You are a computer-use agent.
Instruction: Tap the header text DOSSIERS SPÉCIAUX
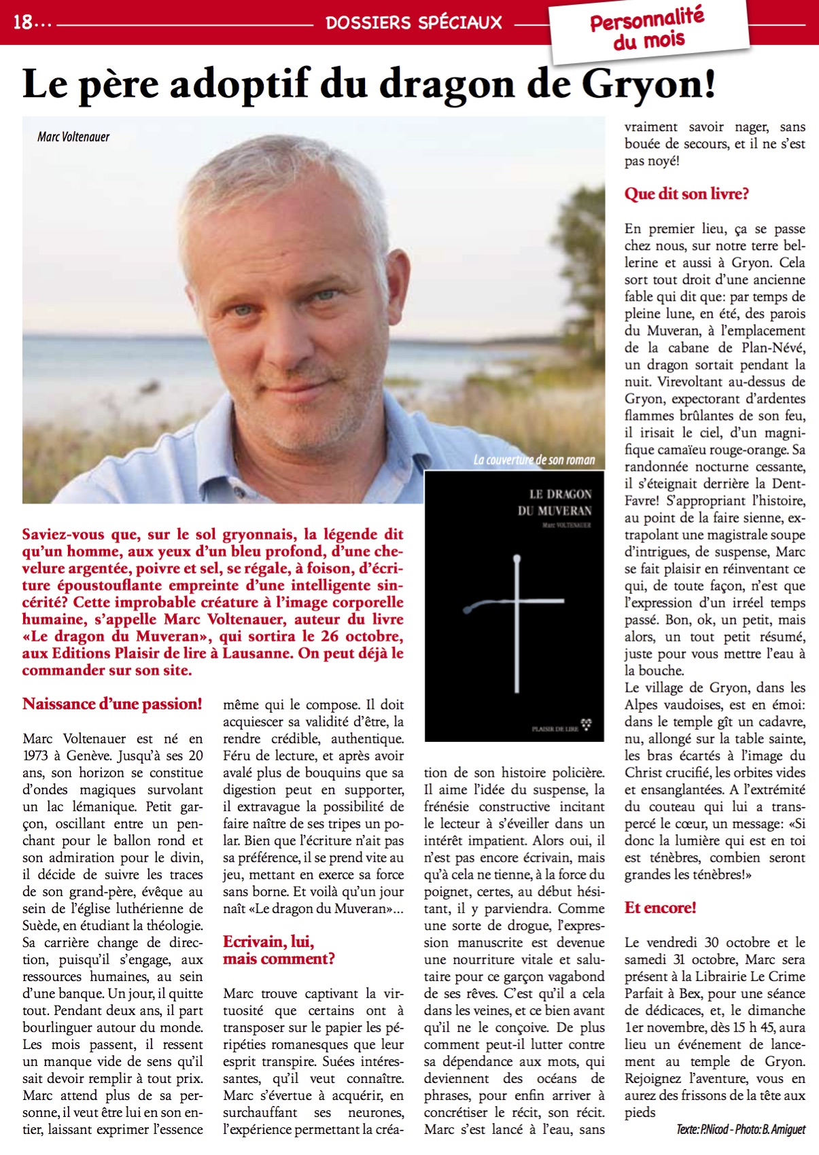coord(413,23)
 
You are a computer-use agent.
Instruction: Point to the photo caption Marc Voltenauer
coord(73,137)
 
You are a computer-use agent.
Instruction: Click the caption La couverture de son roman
coord(534,460)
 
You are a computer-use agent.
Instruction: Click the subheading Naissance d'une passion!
coord(112,704)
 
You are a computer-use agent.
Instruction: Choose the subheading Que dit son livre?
coord(686,194)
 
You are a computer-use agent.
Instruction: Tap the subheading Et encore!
coord(660,908)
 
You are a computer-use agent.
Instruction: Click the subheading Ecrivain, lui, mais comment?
coord(279,950)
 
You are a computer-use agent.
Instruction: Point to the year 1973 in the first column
coord(35,756)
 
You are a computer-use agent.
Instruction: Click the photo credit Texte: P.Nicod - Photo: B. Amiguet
coord(740,1129)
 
